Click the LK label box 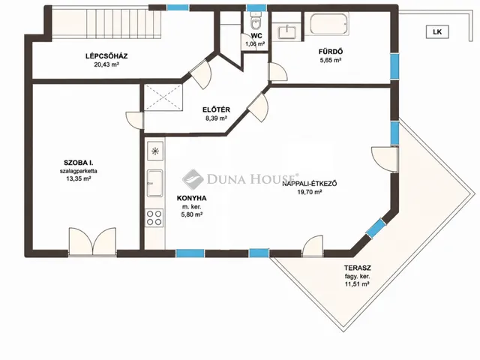coord(437,31)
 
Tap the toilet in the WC coord(255,21)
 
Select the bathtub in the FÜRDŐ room coord(328,23)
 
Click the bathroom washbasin coord(287,31)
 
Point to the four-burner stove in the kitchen coord(154,217)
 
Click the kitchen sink coord(155,183)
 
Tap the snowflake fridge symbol coord(155,151)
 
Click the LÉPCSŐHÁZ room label coord(106,56)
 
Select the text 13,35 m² coord(78,178)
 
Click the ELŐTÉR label coord(216,109)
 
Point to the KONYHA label coord(192,198)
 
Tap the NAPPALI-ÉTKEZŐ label coord(310,184)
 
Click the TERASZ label coord(357,268)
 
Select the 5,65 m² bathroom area coord(331,60)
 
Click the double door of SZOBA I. coord(92,241)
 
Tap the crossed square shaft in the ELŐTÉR coord(163,97)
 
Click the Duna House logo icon coord(193,179)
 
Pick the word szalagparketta coord(78,171)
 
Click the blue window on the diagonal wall coord(376,228)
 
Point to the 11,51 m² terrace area coord(357,284)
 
